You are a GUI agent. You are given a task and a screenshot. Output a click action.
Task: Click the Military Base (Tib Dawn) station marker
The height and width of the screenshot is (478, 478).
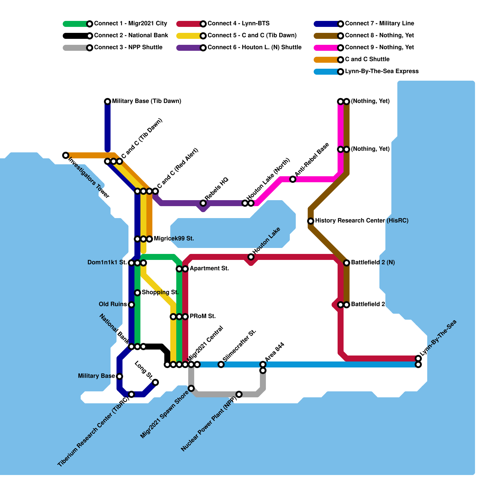click(108, 102)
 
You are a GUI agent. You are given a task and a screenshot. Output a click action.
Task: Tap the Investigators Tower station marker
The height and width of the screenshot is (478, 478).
click(66, 155)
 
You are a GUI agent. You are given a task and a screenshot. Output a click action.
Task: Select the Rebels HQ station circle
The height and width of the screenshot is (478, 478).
click(203, 203)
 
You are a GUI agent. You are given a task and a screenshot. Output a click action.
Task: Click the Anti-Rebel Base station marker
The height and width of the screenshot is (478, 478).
click(293, 179)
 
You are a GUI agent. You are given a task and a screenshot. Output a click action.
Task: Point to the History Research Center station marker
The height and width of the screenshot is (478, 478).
click(311, 221)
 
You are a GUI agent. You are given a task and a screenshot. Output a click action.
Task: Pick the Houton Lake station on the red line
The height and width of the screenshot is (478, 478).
click(251, 257)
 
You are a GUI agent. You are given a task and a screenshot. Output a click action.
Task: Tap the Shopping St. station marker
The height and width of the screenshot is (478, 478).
click(137, 293)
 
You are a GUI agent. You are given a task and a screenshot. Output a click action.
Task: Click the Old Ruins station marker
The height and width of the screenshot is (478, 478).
click(131, 305)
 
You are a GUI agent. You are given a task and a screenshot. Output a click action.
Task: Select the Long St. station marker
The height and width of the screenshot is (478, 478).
click(155, 382)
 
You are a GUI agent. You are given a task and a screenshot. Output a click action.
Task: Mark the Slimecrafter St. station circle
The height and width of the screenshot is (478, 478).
click(221, 364)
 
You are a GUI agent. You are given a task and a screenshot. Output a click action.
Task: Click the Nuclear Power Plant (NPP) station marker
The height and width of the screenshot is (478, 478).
click(239, 394)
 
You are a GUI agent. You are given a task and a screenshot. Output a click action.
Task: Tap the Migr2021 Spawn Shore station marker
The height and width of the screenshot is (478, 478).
click(191, 388)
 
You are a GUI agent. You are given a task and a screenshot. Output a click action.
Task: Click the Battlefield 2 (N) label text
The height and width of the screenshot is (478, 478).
click(373, 263)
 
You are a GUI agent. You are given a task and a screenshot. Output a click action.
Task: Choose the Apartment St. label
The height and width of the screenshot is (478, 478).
click(209, 269)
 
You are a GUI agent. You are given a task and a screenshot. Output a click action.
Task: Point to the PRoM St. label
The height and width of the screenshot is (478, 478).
click(203, 316)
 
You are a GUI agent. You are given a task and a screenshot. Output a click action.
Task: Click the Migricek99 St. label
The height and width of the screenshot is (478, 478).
click(174, 239)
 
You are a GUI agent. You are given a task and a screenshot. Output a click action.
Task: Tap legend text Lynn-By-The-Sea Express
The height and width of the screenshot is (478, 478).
click(382, 71)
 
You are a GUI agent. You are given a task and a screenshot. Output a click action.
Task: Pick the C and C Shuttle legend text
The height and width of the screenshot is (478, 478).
click(367, 59)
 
